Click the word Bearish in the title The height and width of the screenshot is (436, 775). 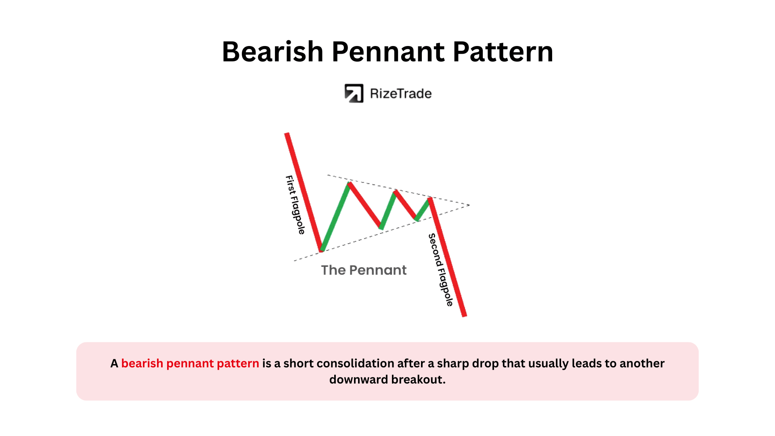(273, 52)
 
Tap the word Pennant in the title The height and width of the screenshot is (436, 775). (387, 52)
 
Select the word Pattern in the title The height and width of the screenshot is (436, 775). (503, 52)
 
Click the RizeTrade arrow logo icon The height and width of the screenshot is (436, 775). (354, 93)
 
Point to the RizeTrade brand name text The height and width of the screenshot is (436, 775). (401, 94)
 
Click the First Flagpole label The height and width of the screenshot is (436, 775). (295, 205)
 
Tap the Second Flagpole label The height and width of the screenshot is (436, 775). (441, 270)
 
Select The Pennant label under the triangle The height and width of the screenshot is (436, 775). (364, 270)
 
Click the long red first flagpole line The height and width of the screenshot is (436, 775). (304, 192)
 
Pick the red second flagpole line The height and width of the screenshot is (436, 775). (448, 257)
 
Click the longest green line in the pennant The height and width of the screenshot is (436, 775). (335, 217)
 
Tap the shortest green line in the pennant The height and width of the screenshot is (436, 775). (423, 209)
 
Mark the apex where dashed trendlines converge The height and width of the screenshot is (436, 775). (469, 205)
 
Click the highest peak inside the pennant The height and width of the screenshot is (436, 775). (350, 184)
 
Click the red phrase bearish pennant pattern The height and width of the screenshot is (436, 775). (190, 363)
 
